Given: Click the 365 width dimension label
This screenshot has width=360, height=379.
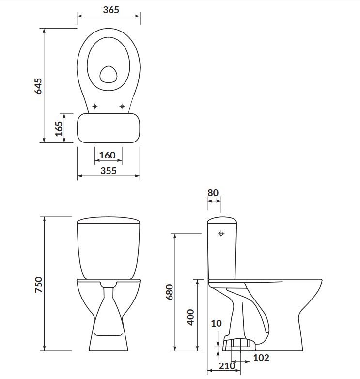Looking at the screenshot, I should [111, 10].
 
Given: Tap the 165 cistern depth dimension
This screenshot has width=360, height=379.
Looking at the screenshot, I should [59, 128].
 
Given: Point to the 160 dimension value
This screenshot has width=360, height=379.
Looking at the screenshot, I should [107, 155].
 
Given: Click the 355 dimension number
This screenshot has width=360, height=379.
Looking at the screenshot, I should [109, 171].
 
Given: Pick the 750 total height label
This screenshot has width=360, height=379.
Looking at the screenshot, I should [39, 284].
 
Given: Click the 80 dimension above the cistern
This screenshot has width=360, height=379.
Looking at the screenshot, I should [213, 193].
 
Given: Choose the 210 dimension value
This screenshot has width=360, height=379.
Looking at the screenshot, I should [226, 366].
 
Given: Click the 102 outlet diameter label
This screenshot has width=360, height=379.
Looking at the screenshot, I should [261, 359].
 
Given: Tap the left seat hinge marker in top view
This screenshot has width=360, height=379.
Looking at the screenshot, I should [95, 106].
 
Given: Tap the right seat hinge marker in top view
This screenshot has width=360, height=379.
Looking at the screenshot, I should [122, 106].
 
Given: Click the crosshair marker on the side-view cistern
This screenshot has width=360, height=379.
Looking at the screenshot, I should [221, 234].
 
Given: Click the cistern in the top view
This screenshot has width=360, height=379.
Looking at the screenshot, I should [109, 128].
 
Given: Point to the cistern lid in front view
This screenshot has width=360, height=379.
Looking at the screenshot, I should [109, 221].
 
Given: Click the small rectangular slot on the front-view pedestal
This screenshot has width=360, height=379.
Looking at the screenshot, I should [108, 334].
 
